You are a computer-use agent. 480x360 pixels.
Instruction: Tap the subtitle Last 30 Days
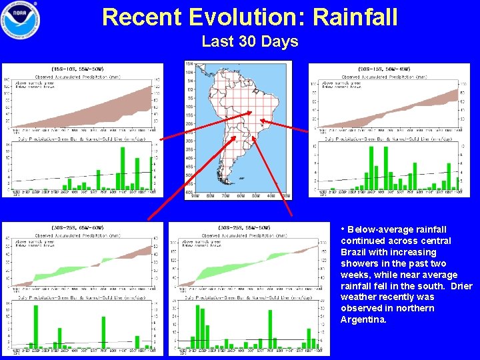tap(249, 41)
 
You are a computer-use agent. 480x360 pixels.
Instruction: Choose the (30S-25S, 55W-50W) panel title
tap(245, 228)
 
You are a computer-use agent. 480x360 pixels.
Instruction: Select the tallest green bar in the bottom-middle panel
tap(198, 327)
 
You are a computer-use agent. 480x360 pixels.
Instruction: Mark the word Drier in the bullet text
tap(461, 286)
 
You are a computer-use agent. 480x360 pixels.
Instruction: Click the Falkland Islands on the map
tap(241, 179)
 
